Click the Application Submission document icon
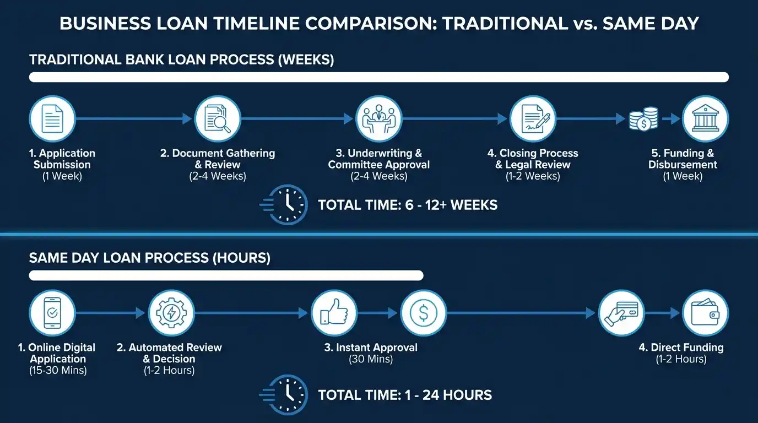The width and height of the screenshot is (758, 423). [52, 118]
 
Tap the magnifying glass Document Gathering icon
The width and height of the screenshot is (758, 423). [218, 118]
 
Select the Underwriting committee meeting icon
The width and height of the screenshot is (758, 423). [379, 118]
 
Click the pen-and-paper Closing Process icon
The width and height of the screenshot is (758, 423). [532, 118]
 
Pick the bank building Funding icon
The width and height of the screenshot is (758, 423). [705, 118]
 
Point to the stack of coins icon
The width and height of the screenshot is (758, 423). [644, 118]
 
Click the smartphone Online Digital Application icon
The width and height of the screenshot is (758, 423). [52, 313]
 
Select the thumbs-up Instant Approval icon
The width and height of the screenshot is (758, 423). [334, 313]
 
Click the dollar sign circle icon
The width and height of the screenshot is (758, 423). [423, 313]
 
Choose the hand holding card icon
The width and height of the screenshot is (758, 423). [621, 313]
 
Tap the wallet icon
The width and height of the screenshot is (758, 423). [705, 313]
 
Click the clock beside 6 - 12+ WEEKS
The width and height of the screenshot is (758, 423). [286, 205]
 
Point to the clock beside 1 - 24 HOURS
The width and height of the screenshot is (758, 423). [286, 394]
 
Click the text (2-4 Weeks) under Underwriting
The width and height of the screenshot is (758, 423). [379, 176]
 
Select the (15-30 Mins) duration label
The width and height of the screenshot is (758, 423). [58, 370]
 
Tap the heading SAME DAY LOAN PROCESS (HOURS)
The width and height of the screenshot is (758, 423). [150, 258]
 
